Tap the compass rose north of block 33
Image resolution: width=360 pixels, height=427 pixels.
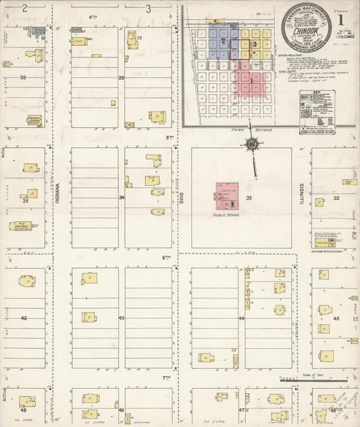coord(252,144)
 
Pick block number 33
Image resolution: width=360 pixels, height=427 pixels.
coord(249,197)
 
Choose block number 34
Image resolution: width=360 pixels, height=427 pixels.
coord(122,198)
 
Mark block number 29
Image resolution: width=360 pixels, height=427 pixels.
coord(122,78)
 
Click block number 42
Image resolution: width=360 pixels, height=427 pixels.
coord(24,317)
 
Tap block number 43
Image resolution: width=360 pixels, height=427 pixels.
coord(122,317)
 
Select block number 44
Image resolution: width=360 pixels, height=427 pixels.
coord(240,317)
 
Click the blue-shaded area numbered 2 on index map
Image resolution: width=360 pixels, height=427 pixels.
coord(223,41)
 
